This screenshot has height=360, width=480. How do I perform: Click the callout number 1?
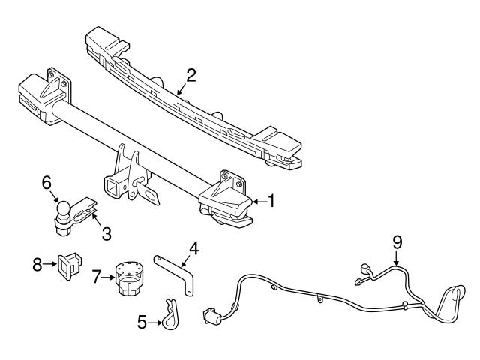pyautogui.click(x=272, y=201)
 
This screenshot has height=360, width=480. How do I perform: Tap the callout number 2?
pyautogui.click(x=191, y=75)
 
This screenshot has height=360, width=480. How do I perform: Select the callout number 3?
pyautogui.click(x=106, y=234)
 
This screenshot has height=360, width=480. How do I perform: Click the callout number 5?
pyautogui.click(x=143, y=323)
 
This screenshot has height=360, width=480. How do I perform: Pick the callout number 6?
pyautogui.click(x=46, y=182)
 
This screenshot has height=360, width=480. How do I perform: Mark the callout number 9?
pyautogui.click(x=397, y=241)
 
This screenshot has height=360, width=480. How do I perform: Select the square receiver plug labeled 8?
pyautogui.click(x=69, y=265)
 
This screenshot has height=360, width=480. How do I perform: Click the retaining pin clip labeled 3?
pyautogui.click(x=84, y=210)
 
